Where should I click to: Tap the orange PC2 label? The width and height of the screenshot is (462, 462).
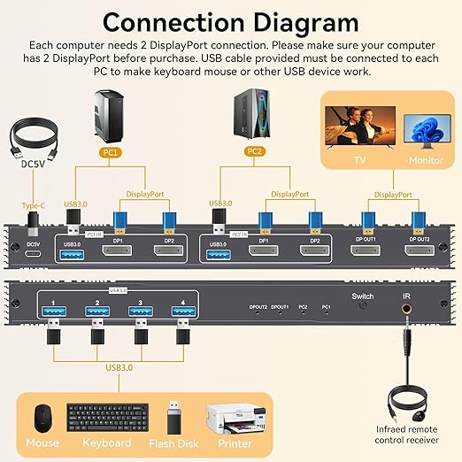point(254,153)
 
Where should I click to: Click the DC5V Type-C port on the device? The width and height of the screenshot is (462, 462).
point(34,255)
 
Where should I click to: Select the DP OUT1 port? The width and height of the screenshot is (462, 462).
point(366,254)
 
